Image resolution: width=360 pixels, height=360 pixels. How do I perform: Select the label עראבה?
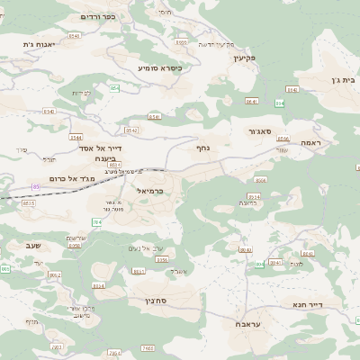[x=249, y=323]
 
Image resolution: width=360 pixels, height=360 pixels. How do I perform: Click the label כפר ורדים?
[x=98, y=16]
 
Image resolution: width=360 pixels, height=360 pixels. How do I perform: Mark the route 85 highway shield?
[x=36, y=186]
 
